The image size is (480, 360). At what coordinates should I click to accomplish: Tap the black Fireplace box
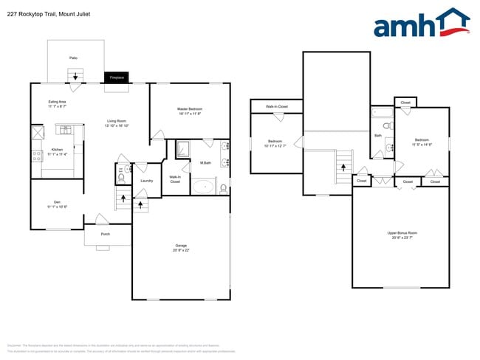116,77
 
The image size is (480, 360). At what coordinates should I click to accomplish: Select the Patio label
73,57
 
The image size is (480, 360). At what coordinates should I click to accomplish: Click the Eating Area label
57,103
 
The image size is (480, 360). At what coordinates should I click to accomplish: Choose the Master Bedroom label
190,111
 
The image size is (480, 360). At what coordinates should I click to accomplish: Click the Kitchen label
57,151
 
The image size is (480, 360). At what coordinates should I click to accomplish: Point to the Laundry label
146,181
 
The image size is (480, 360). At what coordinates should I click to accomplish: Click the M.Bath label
205,163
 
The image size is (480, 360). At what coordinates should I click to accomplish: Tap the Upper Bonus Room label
402,235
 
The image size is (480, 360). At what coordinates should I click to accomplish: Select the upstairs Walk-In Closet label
276,107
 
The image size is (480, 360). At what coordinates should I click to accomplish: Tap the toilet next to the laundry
120,177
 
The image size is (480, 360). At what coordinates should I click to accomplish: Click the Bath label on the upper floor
378,136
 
